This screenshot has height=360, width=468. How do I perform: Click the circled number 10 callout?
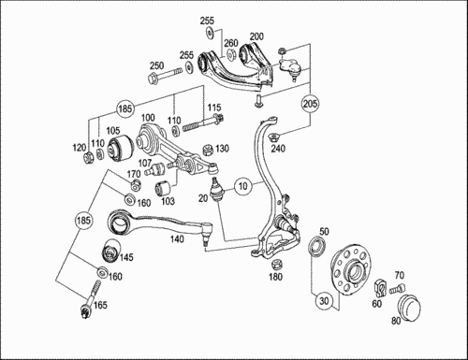click(x=242, y=185)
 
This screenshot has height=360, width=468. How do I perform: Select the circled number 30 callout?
click(x=322, y=301)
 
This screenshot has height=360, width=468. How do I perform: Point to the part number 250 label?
click(x=156, y=66)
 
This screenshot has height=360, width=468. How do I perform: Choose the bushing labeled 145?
click(x=109, y=252)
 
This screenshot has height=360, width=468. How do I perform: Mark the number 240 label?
click(x=277, y=148)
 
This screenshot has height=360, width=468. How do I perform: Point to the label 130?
click(x=222, y=149)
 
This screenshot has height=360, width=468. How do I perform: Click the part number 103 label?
click(x=168, y=200)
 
